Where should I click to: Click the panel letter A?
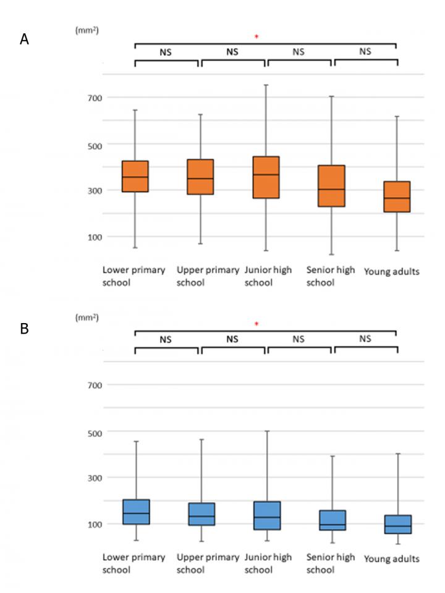[x=24, y=40]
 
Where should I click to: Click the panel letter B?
[x=24, y=329]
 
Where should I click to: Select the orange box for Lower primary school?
[x=135, y=177]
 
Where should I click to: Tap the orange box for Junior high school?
[x=266, y=177]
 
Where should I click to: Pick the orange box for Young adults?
[x=396, y=196]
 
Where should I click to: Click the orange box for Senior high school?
[x=332, y=186]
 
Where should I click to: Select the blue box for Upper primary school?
[x=201, y=514]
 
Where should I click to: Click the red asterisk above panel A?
[x=256, y=38]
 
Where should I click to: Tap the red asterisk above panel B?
[x=256, y=324]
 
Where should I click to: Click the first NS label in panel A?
[x=166, y=53]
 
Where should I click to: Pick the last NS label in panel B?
[x=365, y=339]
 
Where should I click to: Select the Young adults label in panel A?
[x=391, y=272]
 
